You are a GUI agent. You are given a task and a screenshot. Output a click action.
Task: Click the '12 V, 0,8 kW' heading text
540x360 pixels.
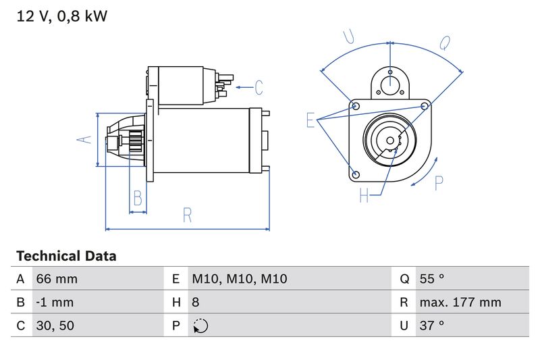[61, 16]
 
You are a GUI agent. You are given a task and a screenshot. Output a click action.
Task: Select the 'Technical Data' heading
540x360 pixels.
[66, 256]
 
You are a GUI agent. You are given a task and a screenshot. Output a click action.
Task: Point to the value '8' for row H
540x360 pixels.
[196, 303]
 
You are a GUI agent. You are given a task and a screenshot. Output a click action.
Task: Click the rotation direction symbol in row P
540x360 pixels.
[200, 326]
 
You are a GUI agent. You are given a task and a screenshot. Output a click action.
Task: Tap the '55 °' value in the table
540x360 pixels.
[432, 279]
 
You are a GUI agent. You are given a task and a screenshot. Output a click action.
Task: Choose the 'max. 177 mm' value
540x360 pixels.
[460, 303]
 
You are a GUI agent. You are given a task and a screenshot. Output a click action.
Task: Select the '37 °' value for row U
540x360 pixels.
[432, 326]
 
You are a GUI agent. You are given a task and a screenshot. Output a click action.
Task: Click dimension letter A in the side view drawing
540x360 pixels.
[83, 139]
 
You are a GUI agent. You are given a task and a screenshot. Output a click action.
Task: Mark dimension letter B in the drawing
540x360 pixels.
[138, 199]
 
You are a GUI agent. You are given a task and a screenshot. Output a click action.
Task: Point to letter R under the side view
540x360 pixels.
[188, 215]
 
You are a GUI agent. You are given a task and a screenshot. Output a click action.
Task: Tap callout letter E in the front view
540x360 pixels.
[310, 120]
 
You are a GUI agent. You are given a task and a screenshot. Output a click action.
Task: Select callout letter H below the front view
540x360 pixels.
[364, 196]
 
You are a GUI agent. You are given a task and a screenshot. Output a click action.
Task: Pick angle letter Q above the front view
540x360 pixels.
[445, 43]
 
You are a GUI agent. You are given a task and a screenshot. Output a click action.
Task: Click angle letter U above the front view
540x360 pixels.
[349, 37]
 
